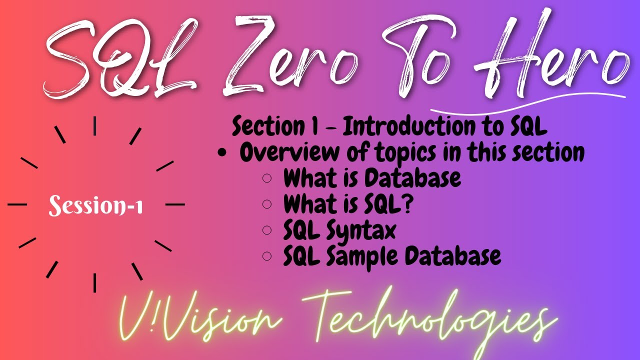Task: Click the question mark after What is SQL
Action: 379,204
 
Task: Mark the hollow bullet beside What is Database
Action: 267,178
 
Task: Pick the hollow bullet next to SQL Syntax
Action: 267,230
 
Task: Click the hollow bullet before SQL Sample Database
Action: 267,256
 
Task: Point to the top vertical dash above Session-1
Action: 94,125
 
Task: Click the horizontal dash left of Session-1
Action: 17,204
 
